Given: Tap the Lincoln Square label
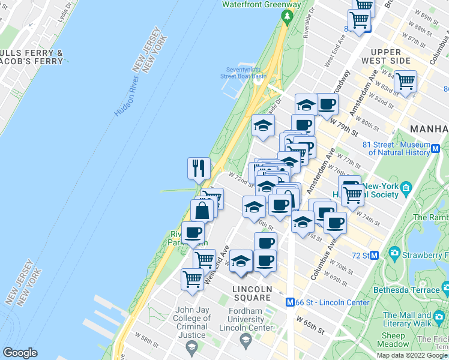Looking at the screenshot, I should point(252,289).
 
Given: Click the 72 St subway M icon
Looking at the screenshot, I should point(373,256).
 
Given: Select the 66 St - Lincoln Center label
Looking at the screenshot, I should point(333,302).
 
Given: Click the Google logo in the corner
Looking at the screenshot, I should point(20,353).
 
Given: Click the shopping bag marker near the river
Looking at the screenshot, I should point(202,211).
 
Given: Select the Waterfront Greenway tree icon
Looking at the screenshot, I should point(287,16).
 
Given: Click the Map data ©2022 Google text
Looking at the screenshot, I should point(411,355).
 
